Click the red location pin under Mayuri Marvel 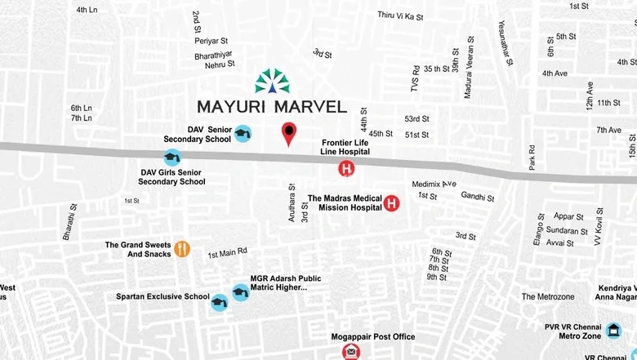288,133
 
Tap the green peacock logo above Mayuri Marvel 272,81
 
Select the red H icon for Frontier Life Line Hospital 346,169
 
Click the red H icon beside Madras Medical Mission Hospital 391,203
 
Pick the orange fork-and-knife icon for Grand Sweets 183,249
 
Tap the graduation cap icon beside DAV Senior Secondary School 243,133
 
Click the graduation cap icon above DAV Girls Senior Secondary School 171,158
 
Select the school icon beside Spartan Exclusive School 218,302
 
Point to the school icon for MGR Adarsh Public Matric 240,291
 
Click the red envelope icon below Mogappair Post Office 351,352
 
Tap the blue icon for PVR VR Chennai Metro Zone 613,331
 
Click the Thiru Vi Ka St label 400,16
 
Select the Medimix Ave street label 434,184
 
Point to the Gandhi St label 478,197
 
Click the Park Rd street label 532,158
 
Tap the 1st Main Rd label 227,253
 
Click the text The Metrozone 548,296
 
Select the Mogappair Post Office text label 372,336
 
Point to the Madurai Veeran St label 469,69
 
